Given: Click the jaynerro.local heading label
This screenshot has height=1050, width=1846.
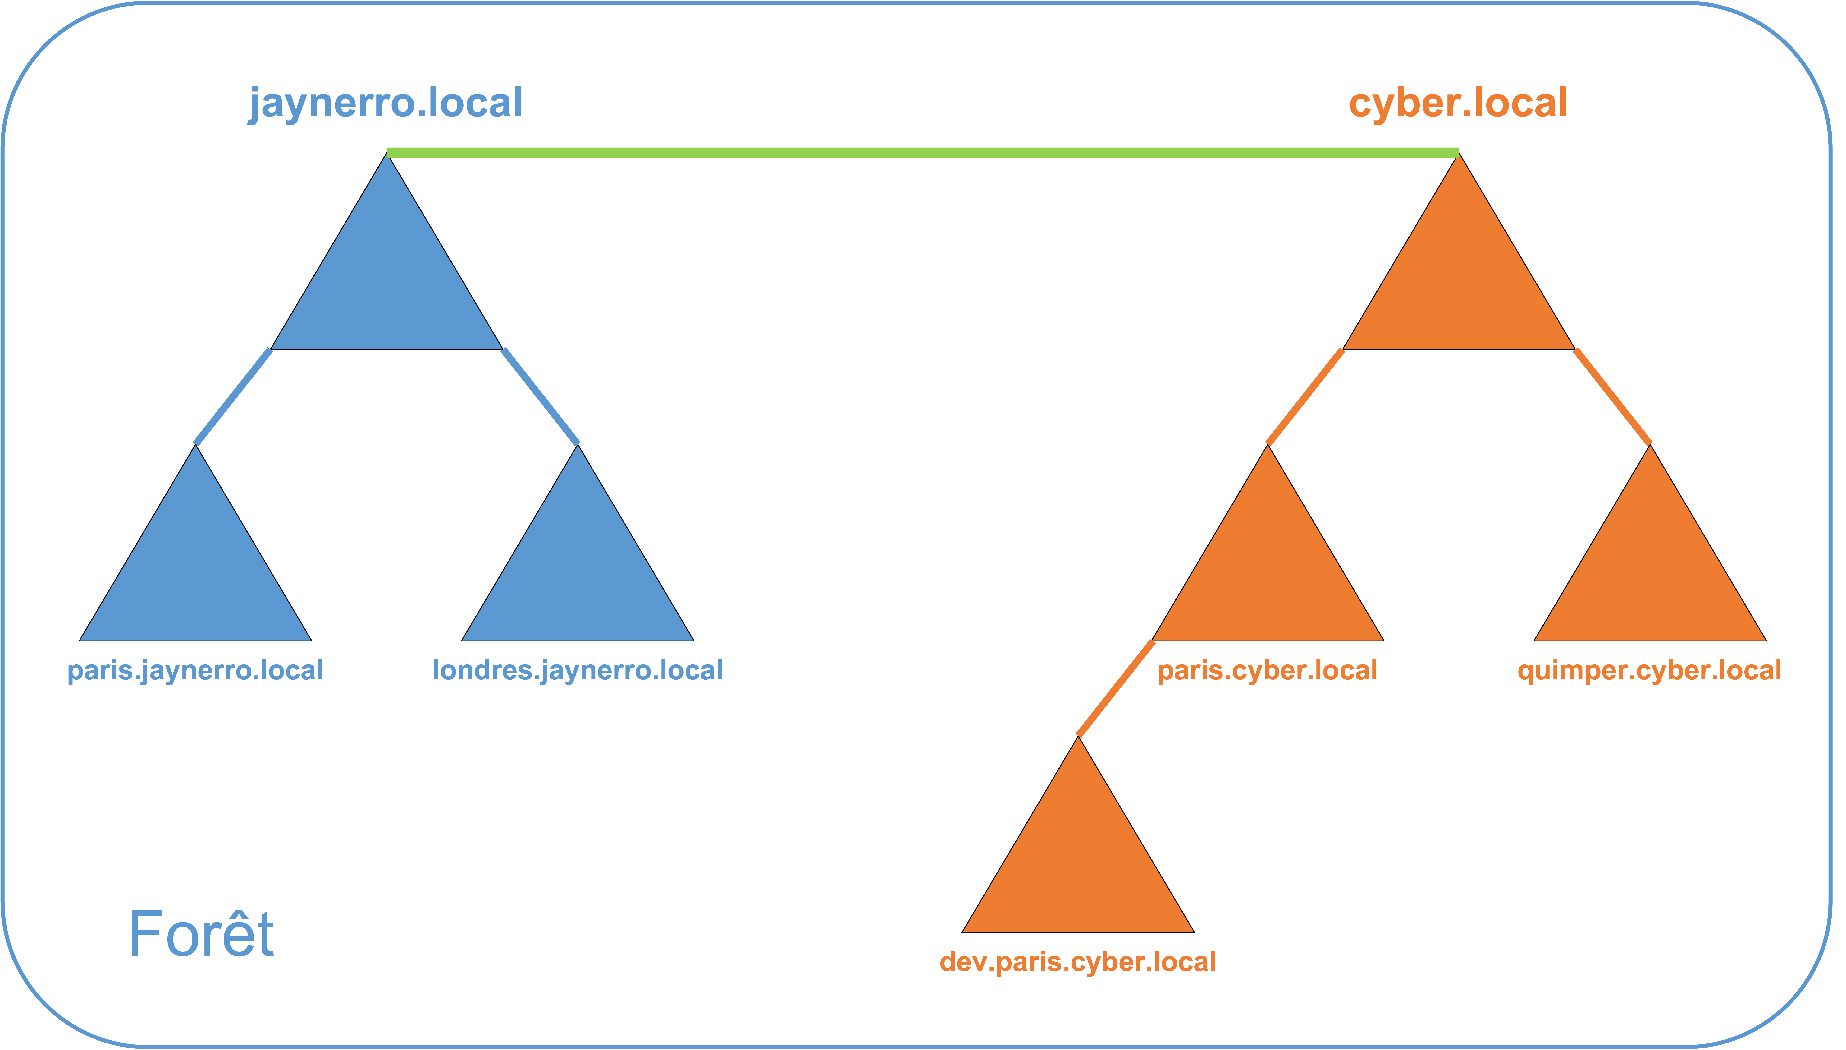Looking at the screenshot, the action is pos(386,103).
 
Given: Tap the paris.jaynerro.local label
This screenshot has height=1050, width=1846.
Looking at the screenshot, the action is pos(195,671).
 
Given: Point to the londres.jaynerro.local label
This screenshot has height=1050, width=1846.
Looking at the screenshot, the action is pos(577,671).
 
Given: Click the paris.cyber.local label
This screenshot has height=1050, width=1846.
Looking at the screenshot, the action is pos(1267,671).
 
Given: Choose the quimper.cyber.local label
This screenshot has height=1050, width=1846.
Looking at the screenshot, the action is pos(1649,671).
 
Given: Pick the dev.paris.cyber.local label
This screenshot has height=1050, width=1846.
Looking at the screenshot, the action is pos(1078,962).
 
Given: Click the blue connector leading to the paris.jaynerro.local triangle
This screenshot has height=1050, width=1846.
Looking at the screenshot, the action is pos(233,397).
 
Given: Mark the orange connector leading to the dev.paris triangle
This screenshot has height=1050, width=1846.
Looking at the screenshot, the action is pos(1115,689).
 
